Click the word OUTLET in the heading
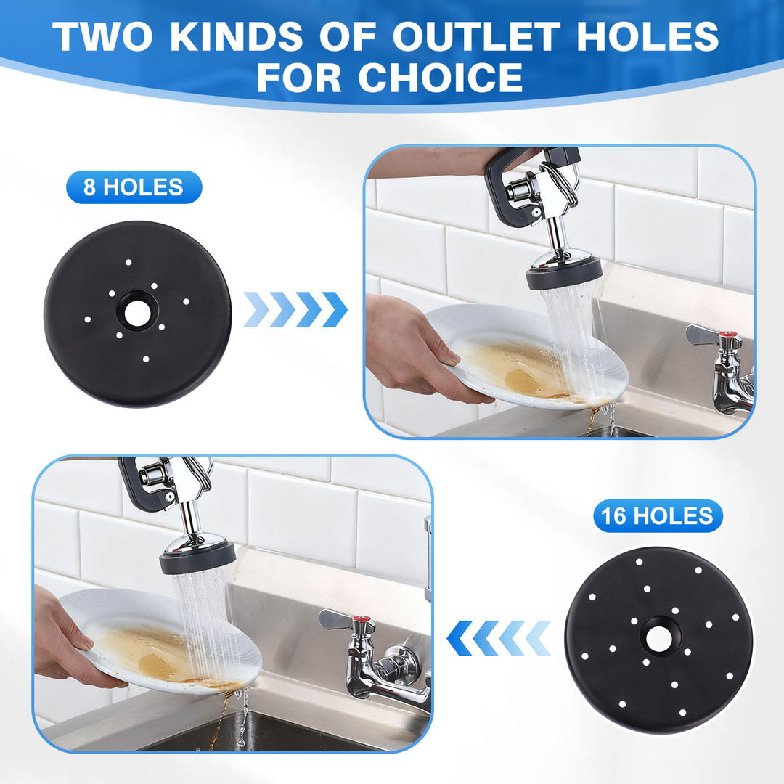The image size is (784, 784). coord(476,36)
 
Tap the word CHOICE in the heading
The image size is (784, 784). coord(441,78)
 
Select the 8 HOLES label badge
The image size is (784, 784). coord(134,187)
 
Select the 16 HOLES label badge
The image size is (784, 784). coord(658,516)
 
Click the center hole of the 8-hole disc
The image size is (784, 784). coord(136,312)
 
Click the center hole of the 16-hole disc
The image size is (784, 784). coord(659,639)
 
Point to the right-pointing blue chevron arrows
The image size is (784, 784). coord(295,309)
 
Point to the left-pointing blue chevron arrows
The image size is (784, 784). coord(499,639)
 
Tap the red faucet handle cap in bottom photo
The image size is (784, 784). coord(364,621)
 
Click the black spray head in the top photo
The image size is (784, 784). coord(563,277)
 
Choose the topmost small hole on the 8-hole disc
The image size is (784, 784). coord(128,262)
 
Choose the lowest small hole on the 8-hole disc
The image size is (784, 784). coord(145,359)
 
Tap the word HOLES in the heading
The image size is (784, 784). coord(648,36)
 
